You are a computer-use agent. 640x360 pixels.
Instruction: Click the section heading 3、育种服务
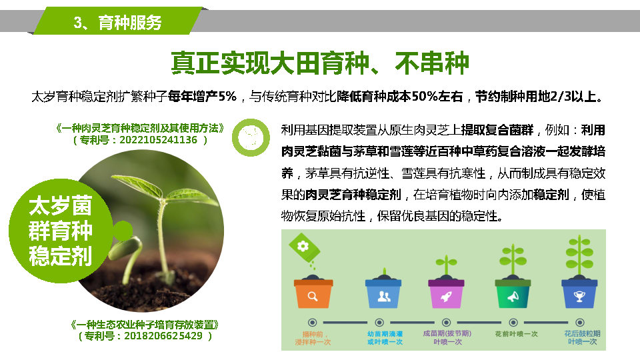[117, 23]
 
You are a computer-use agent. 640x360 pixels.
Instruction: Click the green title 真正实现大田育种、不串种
[320, 63]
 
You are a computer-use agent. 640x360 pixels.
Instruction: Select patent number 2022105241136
[159, 140]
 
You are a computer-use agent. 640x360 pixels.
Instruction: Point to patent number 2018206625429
[163, 336]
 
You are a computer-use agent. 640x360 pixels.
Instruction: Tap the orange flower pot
[313, 293]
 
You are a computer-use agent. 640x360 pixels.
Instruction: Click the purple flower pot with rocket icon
[446, 293]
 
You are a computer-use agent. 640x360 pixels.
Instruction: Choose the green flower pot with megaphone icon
[513, 293]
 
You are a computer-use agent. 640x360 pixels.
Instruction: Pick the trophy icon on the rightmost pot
[579, 296]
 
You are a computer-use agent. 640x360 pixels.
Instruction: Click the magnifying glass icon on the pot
[313, 296]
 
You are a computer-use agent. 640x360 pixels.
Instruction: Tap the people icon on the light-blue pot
[384, 296]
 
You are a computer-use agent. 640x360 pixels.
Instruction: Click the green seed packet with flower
[304, 247]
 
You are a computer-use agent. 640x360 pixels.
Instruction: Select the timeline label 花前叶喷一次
[516, 334]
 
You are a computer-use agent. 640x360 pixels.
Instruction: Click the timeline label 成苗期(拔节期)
[447, 333]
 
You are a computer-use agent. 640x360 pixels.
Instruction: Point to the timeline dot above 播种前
[312, 323]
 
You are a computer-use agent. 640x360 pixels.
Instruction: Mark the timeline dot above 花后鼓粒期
[579, 323]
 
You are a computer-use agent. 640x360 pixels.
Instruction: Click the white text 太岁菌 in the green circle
[61, 205]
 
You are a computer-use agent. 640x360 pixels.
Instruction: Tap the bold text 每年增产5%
[202, 96]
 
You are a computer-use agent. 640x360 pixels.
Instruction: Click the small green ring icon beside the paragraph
[251, 137]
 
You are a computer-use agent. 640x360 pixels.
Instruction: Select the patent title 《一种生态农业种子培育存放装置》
[145, 325]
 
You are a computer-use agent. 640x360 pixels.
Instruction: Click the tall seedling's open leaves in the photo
[163, 190]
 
